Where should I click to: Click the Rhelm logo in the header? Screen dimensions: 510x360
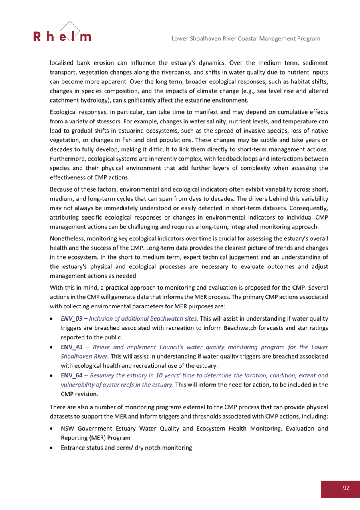coord(62,32)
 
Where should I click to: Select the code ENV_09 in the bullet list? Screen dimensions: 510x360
coord(71,319)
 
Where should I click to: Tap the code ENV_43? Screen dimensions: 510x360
coord(72,347)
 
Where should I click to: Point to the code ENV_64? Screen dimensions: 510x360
coord(72,376)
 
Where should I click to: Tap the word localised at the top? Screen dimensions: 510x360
coord(63,63)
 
